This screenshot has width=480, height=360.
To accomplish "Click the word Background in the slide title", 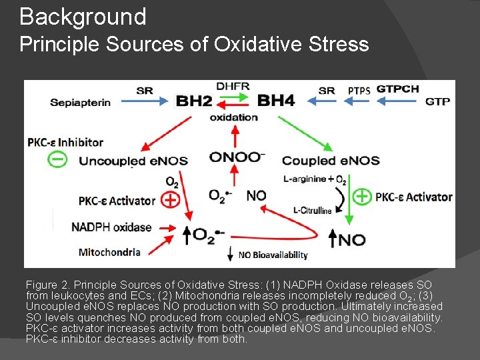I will coord(83,16).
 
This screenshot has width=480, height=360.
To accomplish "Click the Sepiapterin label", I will coord(80,102).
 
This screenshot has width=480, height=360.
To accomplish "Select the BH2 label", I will coord(194,101).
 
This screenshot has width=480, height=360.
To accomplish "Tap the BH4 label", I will coord(275,101).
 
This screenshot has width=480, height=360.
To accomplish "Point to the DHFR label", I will coord(233,87).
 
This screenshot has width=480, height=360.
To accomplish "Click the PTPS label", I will coord(359,90).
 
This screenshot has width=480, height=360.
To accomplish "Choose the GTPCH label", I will coord(398,89).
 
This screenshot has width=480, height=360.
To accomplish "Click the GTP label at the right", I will coord(437,101).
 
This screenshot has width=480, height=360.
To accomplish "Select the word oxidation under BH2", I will coord(233,117).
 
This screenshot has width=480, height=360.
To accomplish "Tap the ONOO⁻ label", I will coord(237,157).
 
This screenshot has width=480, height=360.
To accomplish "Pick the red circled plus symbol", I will coord(171,199).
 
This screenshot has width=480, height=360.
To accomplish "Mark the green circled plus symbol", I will coord(361,197).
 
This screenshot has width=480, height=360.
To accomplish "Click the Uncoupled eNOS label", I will coord(133,161).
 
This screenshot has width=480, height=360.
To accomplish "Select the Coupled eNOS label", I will coord(331,161).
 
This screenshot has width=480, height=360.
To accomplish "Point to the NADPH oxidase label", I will coord(111,227).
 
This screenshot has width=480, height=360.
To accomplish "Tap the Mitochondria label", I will coord(109,252).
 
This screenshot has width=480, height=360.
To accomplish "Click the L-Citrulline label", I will coord(313,211).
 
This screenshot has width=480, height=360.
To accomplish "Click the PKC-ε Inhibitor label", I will coord(65,142).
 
